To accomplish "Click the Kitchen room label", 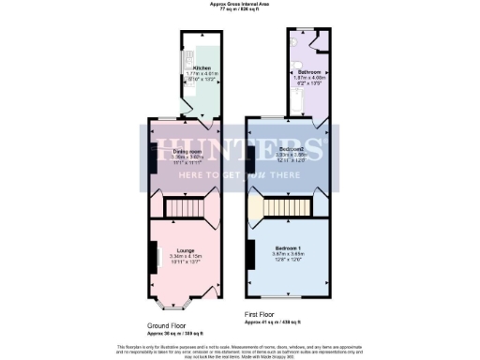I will [202, 68].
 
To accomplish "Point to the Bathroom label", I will [310, 72].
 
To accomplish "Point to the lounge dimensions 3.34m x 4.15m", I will [184, 255].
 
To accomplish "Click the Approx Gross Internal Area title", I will [239, 5].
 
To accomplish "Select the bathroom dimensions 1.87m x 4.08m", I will [310, 79].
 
